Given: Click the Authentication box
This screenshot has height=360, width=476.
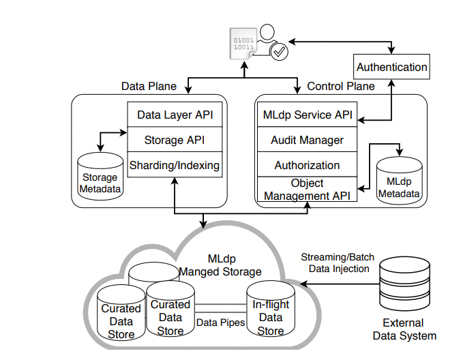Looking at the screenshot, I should click(392, 67).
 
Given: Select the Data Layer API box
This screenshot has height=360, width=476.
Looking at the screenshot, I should click(175, 115).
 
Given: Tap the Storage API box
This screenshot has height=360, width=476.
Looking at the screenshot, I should click(175, 140).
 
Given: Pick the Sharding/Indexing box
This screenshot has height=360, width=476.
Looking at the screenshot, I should click(175, 165).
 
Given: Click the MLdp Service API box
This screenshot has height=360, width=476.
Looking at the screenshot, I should click(308, 115).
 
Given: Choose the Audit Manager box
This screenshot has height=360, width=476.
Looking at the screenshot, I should click(308, 140).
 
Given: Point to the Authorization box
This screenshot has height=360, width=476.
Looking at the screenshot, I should click(308, 165).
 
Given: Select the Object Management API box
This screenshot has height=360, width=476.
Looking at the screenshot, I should click(308, 190).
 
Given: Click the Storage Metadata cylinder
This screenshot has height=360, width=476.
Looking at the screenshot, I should click(100, 177).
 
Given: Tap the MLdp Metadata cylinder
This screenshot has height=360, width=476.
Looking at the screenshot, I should click(400, 181).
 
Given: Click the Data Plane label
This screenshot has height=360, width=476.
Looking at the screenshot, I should click(149, 87).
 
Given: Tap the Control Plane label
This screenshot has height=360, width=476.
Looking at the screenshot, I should click(341, 87).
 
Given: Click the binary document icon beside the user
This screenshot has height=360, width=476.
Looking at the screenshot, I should click(243, 45).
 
